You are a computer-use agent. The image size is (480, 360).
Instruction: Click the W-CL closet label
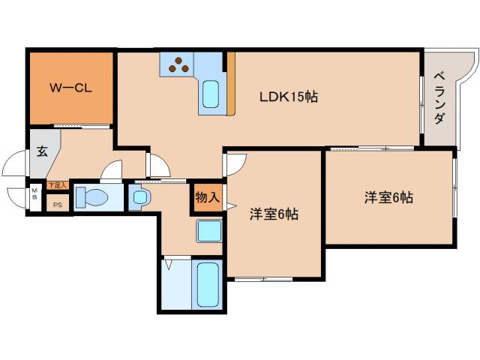(x=70, y=87)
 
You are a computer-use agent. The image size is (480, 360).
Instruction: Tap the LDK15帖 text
(x=288, y=97)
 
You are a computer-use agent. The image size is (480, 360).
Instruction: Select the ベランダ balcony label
(x=439, y=98)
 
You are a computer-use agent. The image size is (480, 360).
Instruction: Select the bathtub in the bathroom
(x=208, y=284)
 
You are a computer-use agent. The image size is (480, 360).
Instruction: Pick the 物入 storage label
(x=208, y=198)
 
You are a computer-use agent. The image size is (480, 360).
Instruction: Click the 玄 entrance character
(x=42, y=151)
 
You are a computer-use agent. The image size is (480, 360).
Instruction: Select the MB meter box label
(x=34, y=196)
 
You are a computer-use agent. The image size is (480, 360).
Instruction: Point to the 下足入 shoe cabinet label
(x=56, y=184)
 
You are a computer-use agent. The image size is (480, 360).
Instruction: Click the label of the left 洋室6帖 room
(x=274, y=214)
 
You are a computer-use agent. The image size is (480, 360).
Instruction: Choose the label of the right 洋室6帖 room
(x=388, y=198)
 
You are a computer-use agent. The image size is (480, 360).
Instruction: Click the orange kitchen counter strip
(x=231, y=83)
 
